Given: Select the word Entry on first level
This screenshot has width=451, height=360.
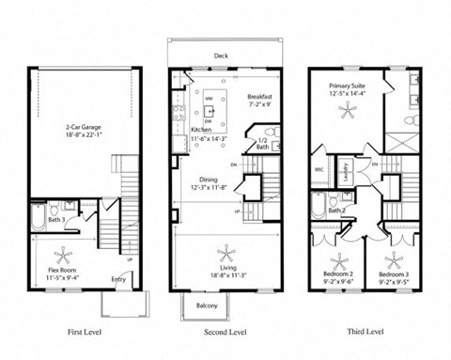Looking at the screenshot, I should [x=119, y=278].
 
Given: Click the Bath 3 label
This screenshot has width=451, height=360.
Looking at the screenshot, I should [x=57, y=220].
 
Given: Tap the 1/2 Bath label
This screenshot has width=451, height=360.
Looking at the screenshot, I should [x=263, y=144].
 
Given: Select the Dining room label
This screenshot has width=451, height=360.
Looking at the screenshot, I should [x=208, y=181].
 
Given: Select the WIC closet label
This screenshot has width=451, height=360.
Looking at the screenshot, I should [x=320, y=170].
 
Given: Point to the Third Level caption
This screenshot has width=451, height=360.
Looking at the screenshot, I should [x=365, y=332].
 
